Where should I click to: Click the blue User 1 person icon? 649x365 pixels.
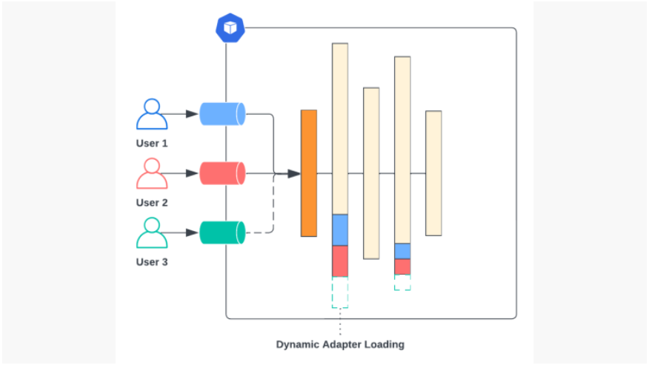[152, 115]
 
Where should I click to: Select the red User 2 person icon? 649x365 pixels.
[152, 174]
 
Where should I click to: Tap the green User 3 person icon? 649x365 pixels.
[152, 232]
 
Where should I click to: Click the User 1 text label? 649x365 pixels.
[152, 143]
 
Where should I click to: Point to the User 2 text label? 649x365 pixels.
[152, 202]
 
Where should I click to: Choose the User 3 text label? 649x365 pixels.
[152, 261]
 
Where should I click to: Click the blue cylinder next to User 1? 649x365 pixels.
[222, 113]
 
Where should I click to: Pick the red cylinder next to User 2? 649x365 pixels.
[222, 173]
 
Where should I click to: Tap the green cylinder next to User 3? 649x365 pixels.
[222, 232]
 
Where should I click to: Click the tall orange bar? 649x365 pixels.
[309, 173]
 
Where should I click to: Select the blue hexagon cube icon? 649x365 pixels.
[230, 28]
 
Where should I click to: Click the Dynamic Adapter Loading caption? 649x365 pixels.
[340, 344]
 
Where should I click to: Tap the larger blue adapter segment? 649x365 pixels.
[340, 230]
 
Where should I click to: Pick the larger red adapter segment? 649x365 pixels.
[340, 261]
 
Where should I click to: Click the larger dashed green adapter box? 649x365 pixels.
[340, 292]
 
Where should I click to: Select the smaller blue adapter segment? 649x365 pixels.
[402, 251]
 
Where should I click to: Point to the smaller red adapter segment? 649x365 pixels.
[402, 267]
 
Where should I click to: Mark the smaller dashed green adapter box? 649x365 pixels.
[402, 282]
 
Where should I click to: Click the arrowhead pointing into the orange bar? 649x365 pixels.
[294, 173]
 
